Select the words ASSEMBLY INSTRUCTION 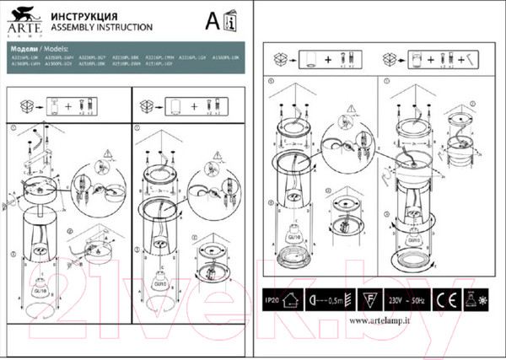94,26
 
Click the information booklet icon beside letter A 233,19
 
